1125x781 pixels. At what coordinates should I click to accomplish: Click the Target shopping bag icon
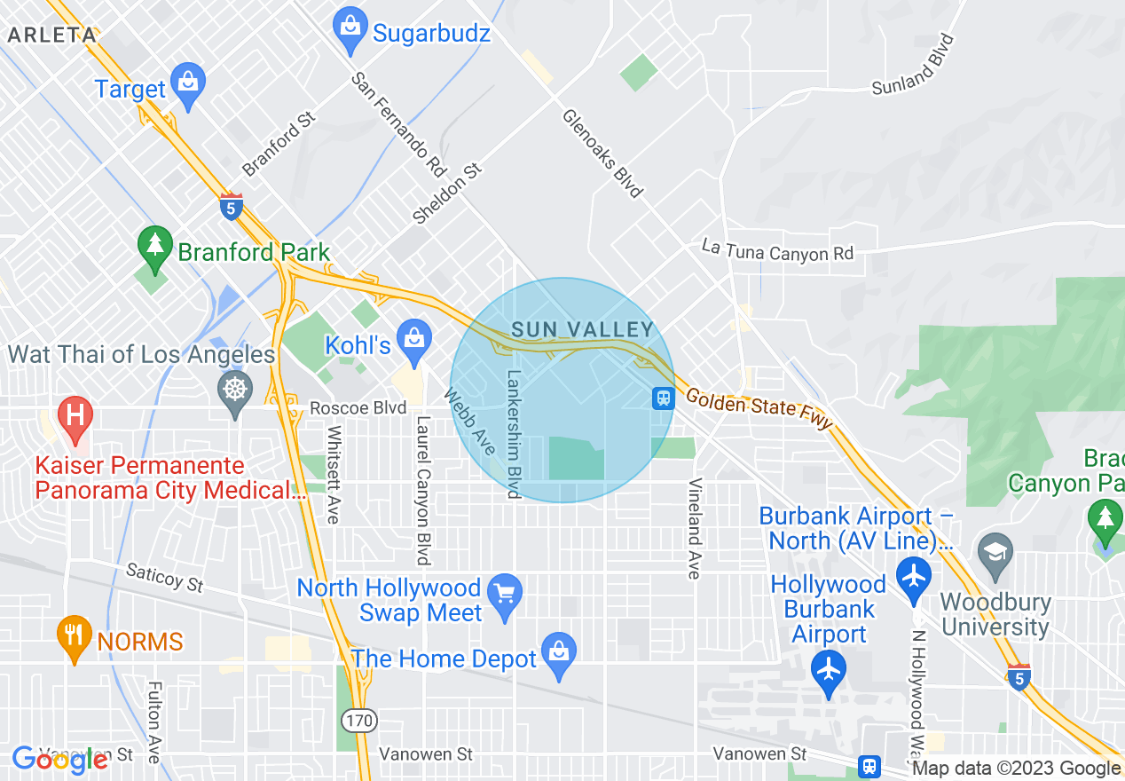click(188, 80)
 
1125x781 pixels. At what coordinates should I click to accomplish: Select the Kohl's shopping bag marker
click(413, 336)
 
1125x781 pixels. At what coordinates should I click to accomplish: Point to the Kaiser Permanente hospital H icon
click(75, 414)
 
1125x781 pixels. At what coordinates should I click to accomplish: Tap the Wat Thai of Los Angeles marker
click(235, 389)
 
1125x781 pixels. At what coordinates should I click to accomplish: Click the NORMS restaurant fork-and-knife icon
click(75, 634)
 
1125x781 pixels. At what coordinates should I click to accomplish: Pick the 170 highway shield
click(360, 720)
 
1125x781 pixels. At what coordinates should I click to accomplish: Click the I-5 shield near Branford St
click(231, 207)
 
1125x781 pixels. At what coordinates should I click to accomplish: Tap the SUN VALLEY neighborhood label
click(583, 330)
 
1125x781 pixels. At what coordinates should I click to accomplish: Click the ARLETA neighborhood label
click(51, 35)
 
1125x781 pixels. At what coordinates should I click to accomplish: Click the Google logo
click(60, 760)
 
